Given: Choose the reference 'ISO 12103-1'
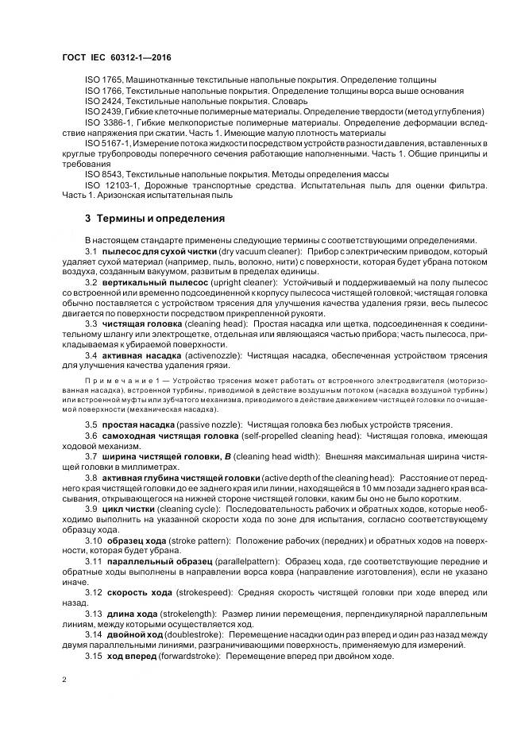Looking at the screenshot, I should pyautogui.click(x=109, y=184).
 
